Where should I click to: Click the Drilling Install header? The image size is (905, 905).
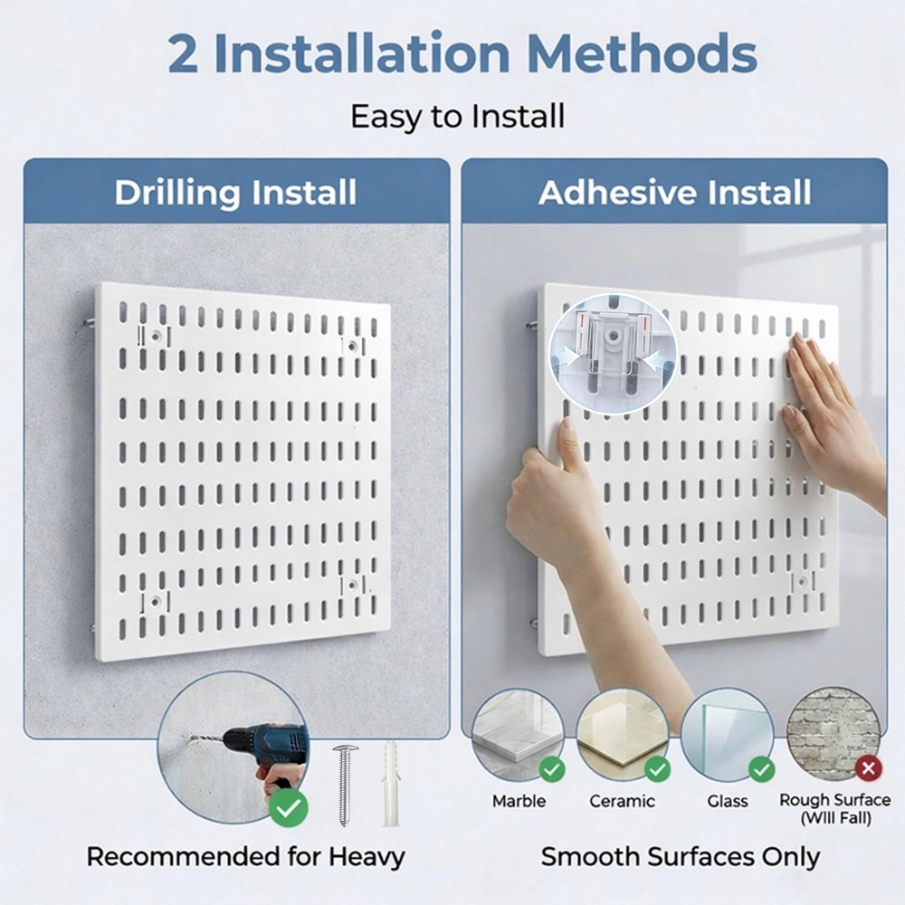235,193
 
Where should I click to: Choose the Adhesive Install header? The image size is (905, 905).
674,193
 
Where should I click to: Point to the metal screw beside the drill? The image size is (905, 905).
345,783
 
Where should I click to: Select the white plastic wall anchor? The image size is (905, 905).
391,783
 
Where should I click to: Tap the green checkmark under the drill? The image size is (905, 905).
288,808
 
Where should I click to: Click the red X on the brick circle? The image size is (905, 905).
868,769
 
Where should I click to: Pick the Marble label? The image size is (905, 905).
519,801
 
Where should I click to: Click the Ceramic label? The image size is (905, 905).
622,801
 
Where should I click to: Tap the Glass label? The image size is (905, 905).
728,801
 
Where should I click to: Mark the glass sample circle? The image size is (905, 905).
727,733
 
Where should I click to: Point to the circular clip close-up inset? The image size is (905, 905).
613,354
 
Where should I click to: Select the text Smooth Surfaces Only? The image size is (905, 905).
681,856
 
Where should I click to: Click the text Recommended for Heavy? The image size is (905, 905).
245,856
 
